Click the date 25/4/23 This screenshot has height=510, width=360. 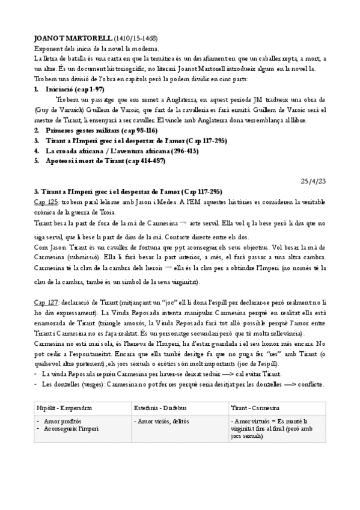coord(313,181)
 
